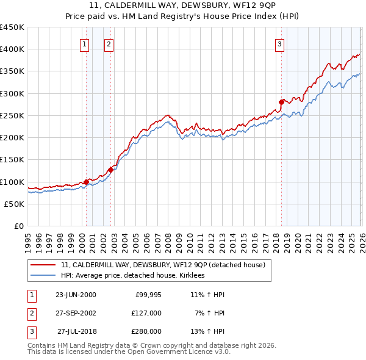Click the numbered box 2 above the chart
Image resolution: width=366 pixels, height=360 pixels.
tap(108, 43)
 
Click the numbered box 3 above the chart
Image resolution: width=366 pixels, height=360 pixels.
tap(279, 43)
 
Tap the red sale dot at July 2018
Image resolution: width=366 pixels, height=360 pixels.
tap(281, 102)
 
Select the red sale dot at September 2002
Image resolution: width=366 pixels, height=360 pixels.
tap(110, 170)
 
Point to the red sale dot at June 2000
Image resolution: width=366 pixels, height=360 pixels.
tap(86, 181)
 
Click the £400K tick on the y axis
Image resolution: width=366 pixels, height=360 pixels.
tap(12, 49)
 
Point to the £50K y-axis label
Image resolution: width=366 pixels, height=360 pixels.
tap(15, 204)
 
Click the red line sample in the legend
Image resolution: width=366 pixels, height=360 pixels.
tap(43, 265)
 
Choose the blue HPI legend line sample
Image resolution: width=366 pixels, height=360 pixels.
tap(43, 276)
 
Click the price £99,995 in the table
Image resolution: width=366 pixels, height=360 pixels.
tap(148, 295)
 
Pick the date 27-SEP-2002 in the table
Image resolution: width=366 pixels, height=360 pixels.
tap(76, 313)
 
